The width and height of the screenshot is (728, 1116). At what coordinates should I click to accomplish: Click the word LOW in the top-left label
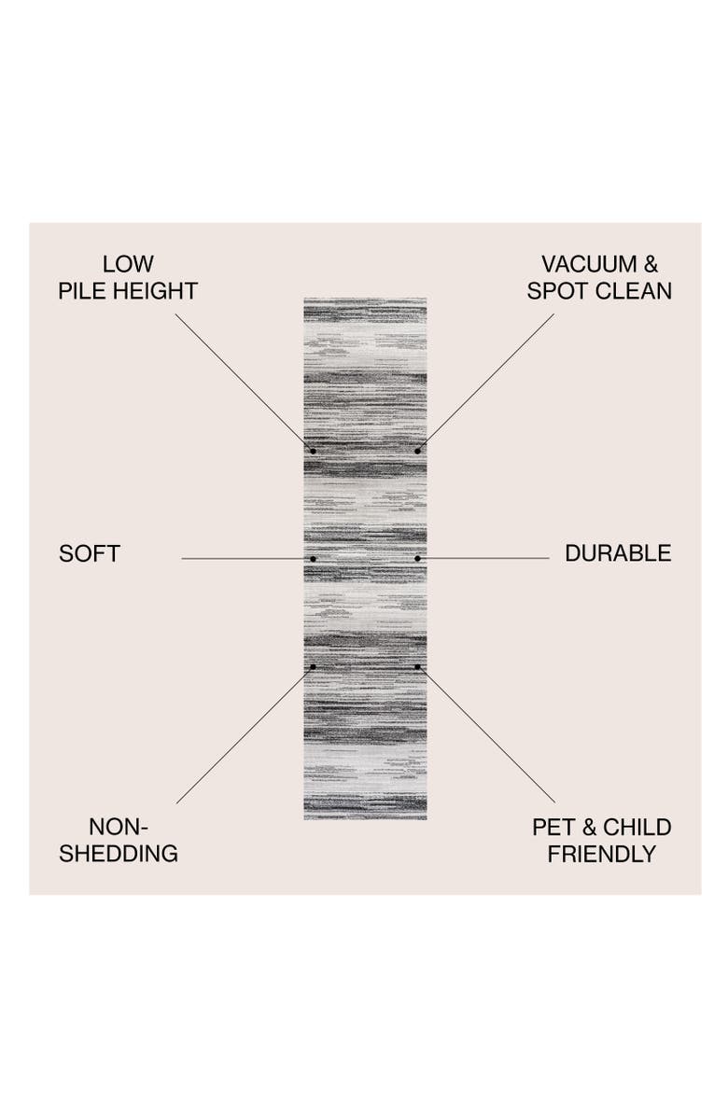(x=128, y=264)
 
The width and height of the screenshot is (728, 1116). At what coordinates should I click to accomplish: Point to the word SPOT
(x=558, y=291)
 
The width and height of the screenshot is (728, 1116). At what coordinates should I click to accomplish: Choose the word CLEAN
(x=634, y=291)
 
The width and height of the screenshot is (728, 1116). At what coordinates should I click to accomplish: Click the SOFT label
(x=90, y=553)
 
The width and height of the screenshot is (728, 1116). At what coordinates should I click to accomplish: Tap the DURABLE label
(x=618, y=553)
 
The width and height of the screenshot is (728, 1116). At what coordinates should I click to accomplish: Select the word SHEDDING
(x=119, y=854)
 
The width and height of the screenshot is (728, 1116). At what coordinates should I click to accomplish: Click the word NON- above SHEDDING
(x=119, y=827)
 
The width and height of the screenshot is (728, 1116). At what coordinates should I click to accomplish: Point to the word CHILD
(x=637, y=827)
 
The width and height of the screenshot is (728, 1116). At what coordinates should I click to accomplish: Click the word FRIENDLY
(x=602, y=854)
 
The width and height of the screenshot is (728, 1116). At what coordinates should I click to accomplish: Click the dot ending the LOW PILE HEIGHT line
(x=314, y=451)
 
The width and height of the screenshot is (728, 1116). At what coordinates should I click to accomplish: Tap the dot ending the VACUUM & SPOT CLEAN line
(x=417, y=451)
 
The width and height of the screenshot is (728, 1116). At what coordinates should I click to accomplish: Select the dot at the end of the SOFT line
(x=314, y=559)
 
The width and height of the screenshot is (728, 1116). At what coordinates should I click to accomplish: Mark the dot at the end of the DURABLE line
(x=417, y=559)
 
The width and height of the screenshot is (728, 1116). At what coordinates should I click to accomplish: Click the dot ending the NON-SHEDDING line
(x=314, y=666)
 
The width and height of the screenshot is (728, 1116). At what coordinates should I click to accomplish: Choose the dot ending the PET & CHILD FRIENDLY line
(x=417, y=666)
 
